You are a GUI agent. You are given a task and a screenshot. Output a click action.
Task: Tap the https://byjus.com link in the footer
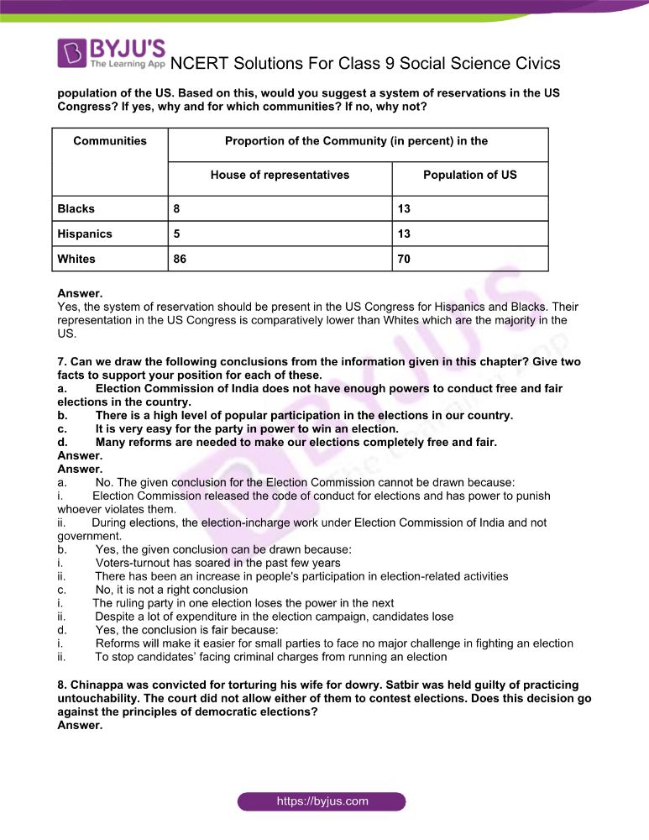(x=322, y=801)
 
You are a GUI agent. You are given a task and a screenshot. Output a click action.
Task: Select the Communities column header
(x=110, y=141)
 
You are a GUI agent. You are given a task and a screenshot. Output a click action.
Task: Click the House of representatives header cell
(x=280, y=175)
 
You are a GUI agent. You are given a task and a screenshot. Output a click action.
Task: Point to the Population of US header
(x=469, y=175)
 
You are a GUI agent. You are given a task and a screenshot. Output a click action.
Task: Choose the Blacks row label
(x=76, y=208)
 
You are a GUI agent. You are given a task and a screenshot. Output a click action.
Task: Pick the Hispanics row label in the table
(x=84, y=234)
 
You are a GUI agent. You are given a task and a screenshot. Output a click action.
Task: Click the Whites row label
(x=76, y=259)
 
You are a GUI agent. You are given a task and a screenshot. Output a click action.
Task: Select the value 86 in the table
(x=180, y=259)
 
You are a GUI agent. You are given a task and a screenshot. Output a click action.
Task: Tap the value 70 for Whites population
(x=404, y=259)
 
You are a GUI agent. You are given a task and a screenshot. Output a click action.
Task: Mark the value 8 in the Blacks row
(x=176, y=208)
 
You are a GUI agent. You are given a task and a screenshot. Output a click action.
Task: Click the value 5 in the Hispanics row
(x=176, y=234)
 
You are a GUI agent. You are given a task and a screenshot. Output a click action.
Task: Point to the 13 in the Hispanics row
(x=404, y=234)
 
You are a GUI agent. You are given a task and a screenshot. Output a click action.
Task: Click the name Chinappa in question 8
(x=97, y=685)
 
